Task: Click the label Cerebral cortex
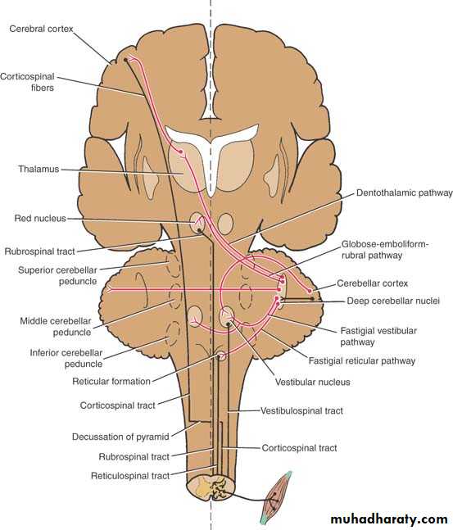coord(41,29)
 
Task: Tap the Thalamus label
coord(39,169)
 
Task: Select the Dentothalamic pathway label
coord(405,193)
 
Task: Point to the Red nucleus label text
coord(40,219)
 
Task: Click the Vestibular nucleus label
coord(313,383)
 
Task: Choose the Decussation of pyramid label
coord(120,437)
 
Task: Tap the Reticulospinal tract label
coord(130,476)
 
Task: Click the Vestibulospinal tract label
coord(301,410)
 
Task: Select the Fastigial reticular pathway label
coord(362,361)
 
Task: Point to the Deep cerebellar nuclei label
coord(393,301)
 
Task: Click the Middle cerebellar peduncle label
coord(56,327)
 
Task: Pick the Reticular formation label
coord(111,382)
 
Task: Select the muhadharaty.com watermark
coord(389,519)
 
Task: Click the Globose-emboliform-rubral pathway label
coord(385,250)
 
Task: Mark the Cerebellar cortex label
coord(373,283)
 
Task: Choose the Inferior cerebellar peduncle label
coord(66,358)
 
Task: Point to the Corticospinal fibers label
coord(27,82)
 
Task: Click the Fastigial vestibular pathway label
coord(378,337)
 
